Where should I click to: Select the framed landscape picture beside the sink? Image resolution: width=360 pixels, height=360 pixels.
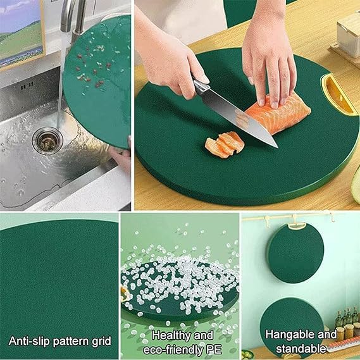click(x=20, y=32)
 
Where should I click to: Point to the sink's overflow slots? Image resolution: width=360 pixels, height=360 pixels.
click(x=26, y=84)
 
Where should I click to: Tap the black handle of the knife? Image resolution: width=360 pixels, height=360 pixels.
click(x=201, y=85)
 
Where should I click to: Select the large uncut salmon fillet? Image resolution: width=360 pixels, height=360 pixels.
click(x=278, y=111)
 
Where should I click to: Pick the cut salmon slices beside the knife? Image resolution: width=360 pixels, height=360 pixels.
click(x=225, y=144)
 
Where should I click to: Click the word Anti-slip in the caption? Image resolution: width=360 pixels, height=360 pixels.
click(x=29, y=341)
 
